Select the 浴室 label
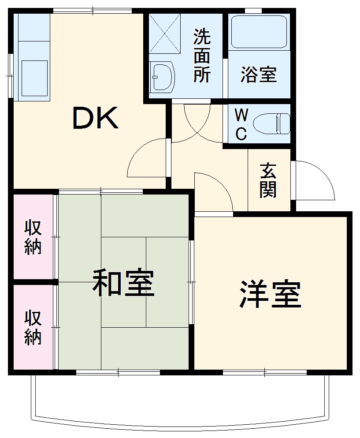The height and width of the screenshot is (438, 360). (259, 75)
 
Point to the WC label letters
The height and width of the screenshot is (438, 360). (241, 124)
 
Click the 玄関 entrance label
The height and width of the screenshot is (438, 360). (268, 180)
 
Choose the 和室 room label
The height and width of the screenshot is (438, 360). (123, 283)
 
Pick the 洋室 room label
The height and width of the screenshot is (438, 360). (270, 295)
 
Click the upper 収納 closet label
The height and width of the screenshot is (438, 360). (33, 237)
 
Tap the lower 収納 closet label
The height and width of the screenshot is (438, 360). (33, 327)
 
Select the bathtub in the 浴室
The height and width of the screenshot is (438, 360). (259, 32)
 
